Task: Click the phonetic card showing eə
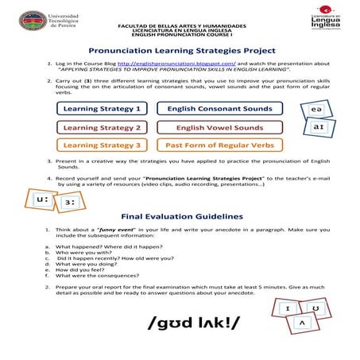point(316,109)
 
